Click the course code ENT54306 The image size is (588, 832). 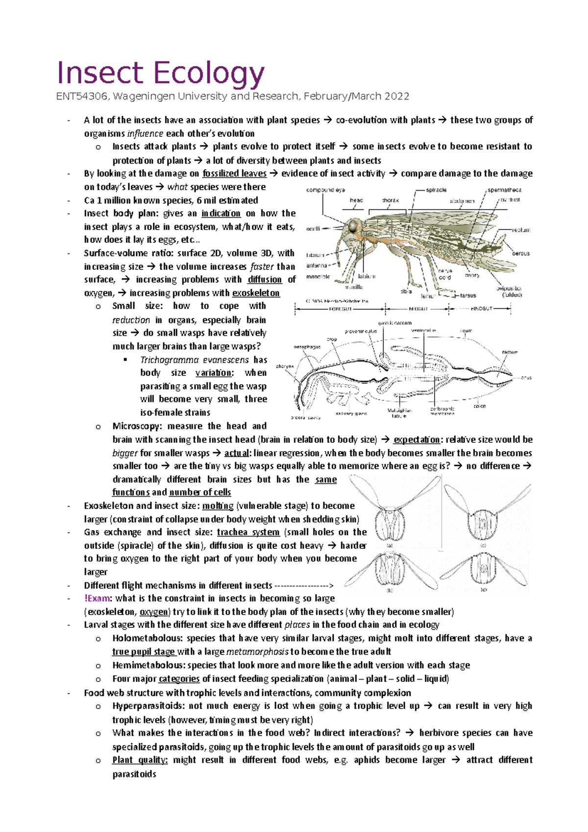pos(82,97)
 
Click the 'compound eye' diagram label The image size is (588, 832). pos(326,190)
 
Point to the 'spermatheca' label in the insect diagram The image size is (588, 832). pos(504,190)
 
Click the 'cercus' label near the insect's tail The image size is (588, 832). pos(521,253)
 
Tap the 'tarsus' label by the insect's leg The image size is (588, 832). pos(468,295)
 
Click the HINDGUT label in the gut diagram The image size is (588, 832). pos(482,309)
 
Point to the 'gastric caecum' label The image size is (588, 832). pos(395,323)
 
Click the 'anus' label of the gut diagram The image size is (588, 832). pos(526,378)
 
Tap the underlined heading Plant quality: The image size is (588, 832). pos(140,760)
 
